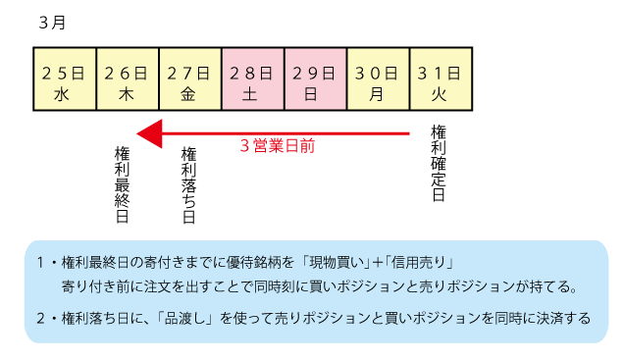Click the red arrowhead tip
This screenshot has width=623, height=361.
(139, 132)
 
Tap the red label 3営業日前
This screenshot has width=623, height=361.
(278, 145)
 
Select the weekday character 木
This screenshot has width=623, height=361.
(127, 94)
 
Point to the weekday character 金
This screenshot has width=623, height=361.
(189, 94)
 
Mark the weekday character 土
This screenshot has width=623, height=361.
(252, 94)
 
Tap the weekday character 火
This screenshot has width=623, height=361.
(441, 94)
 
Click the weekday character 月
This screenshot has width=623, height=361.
(378, 94)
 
